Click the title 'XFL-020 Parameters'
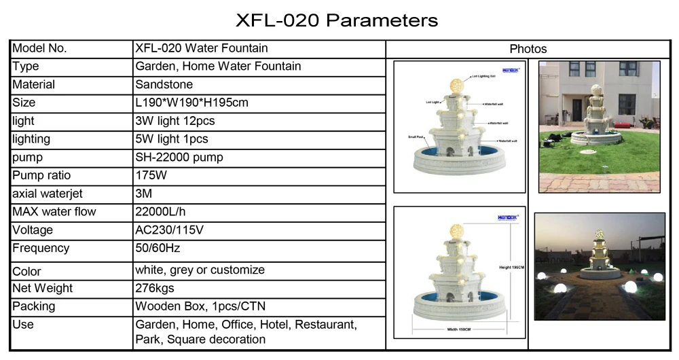click(x=336, y=20)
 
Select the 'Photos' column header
click(x=528, y=49)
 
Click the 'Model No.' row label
click(x=39, y=48)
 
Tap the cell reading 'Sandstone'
click(x=164, y=85)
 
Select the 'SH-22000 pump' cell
click(x=179, y=158)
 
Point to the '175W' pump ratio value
click(x=151, y=175)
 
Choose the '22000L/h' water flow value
click(x=161, y=212)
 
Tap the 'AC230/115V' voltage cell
click(x=169, y=230)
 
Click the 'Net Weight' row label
click(x=42, y=288)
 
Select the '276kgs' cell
click(x=155, y=288)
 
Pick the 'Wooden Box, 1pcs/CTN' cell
click(x=200, y=306)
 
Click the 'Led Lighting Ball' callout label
click(x=483, y=77)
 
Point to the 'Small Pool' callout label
click(x=416, y=137)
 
